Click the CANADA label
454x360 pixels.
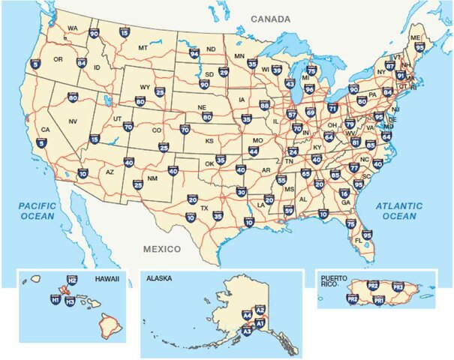[271, 18]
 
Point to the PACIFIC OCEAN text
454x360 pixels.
[38, 211]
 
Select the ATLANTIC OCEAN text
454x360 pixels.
[398, 211]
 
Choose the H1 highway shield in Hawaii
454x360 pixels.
[55, 300]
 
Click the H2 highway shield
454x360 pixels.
[72, 280]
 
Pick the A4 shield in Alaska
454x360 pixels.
[247, 316]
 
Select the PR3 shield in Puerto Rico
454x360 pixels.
[398, 286]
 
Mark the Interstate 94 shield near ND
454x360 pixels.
[194, 54]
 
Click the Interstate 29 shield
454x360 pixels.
[224, 72]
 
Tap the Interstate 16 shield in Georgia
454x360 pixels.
[344, 193]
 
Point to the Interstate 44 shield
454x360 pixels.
[254, 151]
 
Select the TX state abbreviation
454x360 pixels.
[204, 207]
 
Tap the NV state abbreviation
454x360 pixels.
[73, 121]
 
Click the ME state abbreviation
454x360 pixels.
[415, 37]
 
